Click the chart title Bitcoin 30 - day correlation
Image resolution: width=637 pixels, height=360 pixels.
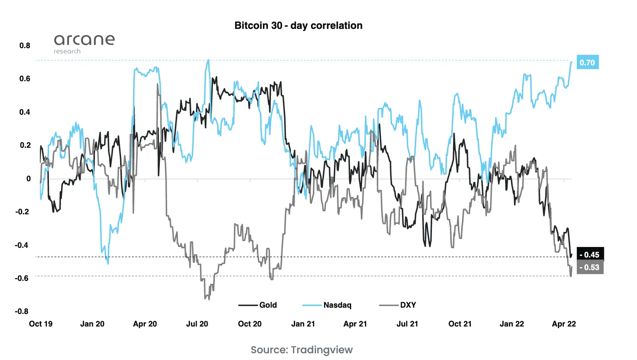click(298, 26)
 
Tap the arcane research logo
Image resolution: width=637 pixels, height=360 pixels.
click(84, 43)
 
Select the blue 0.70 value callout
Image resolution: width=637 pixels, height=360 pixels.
click(587, 62)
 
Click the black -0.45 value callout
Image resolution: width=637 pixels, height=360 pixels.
click(590, 255)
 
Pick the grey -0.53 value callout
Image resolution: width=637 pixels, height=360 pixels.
click(590, 267)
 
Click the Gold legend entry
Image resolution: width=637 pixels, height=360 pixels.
click(258, 305)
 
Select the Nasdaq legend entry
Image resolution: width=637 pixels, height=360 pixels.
click(327, 305)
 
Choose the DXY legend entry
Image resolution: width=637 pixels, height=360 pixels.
click(398, 305)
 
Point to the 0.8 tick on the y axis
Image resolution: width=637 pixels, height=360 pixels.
click(25, 45)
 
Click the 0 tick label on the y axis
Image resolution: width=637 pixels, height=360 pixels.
click(28, 178)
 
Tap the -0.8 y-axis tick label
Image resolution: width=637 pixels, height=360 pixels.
click(22, 311)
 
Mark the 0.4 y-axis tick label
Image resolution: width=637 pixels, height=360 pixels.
click(25, 112)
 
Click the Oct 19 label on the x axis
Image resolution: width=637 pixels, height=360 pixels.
click(41, 324)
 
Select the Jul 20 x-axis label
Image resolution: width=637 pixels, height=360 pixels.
click(197, 324)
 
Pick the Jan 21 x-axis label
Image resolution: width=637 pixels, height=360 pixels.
click(303, 324)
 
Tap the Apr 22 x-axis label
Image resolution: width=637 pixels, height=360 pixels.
click(564, 324)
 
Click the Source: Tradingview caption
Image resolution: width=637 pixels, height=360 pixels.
click(301, 350)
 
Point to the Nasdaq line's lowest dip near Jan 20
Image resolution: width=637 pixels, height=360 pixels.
click(108, 263)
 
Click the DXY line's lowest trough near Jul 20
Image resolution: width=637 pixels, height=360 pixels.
click(209, 299)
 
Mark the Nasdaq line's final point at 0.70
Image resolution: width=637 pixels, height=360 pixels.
click(571, 62)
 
